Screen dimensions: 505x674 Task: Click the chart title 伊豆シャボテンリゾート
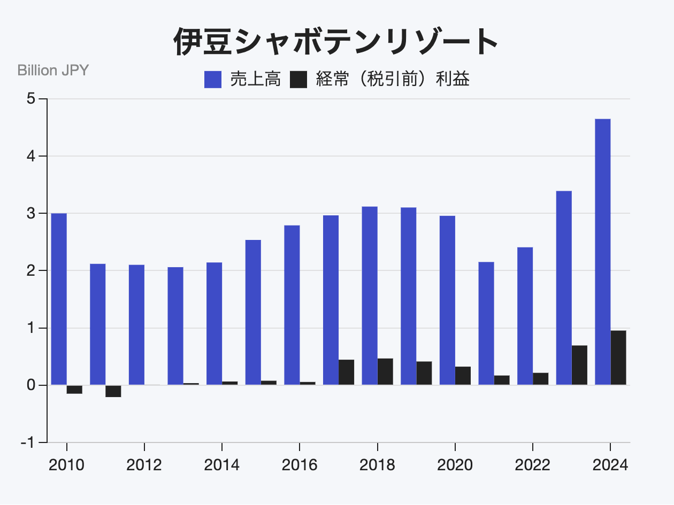click(x=336, y=42)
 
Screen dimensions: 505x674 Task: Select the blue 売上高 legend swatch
click(x=213, y=80)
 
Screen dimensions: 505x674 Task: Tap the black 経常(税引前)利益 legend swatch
click(x=298, y=80)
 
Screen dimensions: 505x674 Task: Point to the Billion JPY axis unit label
click(x=53, y=70)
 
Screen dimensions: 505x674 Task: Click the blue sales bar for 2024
click(x=602, y=251)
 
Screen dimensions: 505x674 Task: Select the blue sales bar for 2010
click(x=59, y=299)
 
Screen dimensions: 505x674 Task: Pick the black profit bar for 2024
click(x=618, y=358)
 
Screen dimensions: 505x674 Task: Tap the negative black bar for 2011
click(x=113, y=391)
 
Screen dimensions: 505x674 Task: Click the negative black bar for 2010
click(x=74, y=390)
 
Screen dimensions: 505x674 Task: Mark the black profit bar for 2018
click(x=385, y=371)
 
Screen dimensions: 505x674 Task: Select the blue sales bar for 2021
click(x=486, y=323)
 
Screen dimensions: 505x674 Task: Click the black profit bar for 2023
click(x=579, y=365)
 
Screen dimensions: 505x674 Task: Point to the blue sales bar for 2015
click(x=253, y=312)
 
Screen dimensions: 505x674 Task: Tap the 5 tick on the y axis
click(x=32, y=99)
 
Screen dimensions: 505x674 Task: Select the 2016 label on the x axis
click(x=300, y=465)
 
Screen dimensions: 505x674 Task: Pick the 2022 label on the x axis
click(x=533, y=465)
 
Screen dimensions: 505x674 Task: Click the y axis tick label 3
click(x=32, y=214)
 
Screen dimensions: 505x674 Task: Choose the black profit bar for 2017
click(x=346, y=372)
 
